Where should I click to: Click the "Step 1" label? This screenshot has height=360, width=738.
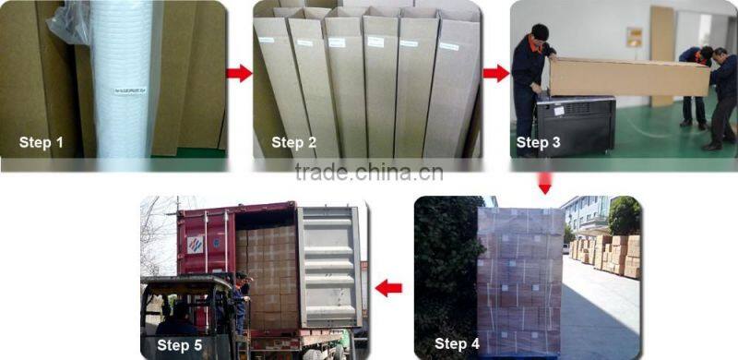[x=42, y=142]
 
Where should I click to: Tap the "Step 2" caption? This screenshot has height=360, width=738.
[x=293, y=142]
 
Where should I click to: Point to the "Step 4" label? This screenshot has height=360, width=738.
[x=457, y=343]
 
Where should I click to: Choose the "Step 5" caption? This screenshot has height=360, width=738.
[x=181, y=343]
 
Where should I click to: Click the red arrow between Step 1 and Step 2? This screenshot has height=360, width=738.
[x=239, y=74]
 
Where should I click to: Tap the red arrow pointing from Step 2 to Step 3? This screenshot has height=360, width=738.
[x=495, y=74]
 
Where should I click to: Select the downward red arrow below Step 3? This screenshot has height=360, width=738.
[x=544, y=183]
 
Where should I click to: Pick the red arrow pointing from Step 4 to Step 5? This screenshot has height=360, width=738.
[x=389, y=288]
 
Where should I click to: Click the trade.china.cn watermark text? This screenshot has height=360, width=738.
[x=369, y=173]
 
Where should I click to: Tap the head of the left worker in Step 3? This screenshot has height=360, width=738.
[x=540, y=32]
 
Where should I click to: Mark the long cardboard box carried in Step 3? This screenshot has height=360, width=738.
[x=627, y=76]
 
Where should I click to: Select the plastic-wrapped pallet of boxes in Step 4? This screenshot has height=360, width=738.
[x=520, y=277]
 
